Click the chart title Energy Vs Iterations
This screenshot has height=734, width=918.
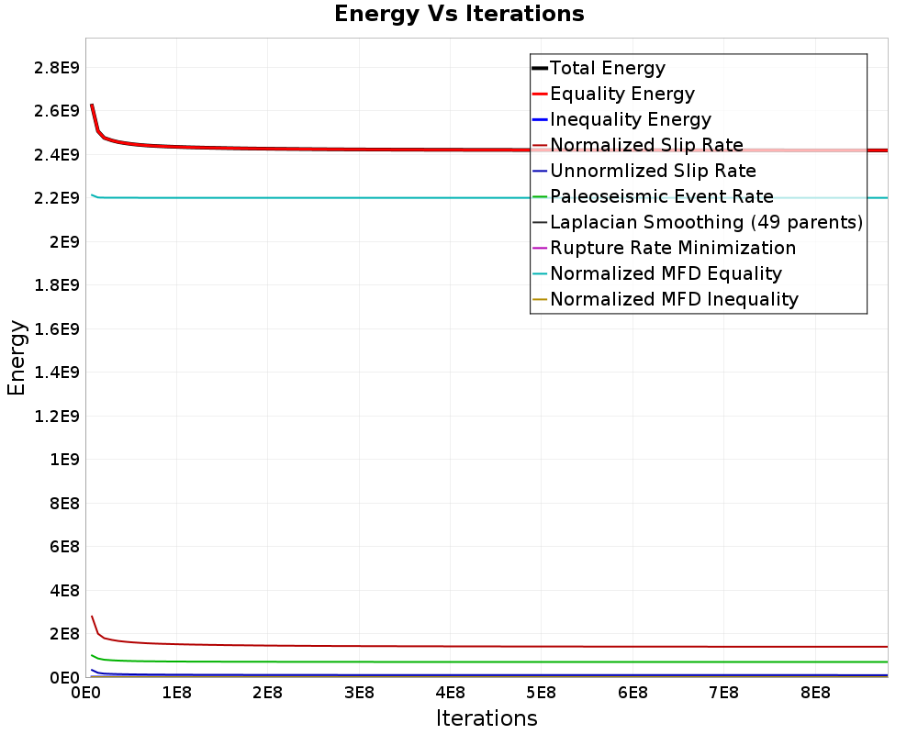(x=459, y=14)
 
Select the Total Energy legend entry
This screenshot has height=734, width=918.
(x=599, y=68)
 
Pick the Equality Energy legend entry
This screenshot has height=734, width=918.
(x=613, y=94)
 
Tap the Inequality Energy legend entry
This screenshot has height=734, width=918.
(x=621, y=119)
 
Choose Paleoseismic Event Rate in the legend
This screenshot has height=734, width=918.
(x=653, y=196)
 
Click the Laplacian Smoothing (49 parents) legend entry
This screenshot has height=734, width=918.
(x=698, y=222)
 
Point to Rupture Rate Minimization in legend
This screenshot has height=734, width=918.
(x=664, y=248)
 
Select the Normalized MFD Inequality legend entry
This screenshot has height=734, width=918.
(x=665, y=300)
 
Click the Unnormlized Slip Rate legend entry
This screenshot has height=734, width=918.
(x=644, y=171)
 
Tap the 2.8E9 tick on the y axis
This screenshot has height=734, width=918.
(x=57, y=68)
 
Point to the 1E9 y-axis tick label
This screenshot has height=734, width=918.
(x=64, y=460)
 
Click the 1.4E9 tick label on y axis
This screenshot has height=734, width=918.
(x=57, y=373)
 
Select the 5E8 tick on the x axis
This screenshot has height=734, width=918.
(x=541, y=693)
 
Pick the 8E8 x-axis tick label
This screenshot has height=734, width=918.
(x=815, y=693)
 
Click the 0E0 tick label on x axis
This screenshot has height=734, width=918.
(x=85, y=693)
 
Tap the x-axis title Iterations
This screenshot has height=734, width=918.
(x=487, y=718)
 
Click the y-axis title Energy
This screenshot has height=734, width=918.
(x=17, y=358)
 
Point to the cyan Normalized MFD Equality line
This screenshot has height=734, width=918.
(x=489, y=198)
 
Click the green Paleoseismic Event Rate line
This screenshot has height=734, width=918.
(x=489, y=662)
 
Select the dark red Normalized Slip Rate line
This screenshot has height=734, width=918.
(x=489, y=646)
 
